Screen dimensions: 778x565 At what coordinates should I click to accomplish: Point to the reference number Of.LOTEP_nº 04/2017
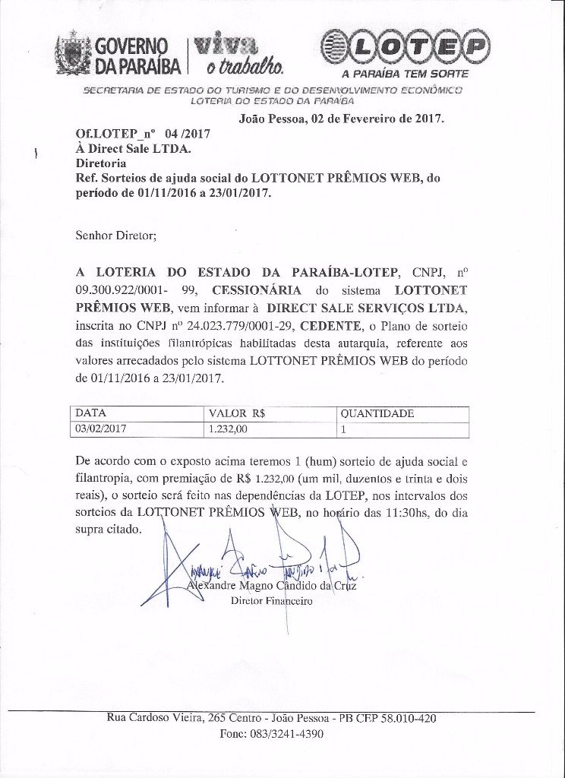click(143, 133)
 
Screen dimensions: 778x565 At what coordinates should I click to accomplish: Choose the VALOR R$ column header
click(242, 414)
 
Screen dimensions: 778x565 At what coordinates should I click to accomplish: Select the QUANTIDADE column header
click(377, 414)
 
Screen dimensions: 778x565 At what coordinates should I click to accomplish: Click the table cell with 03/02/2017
click(101, 429)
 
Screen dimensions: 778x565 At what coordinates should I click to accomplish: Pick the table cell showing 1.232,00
click(228, 429)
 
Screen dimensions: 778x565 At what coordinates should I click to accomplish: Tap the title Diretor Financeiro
click(271, 601)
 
